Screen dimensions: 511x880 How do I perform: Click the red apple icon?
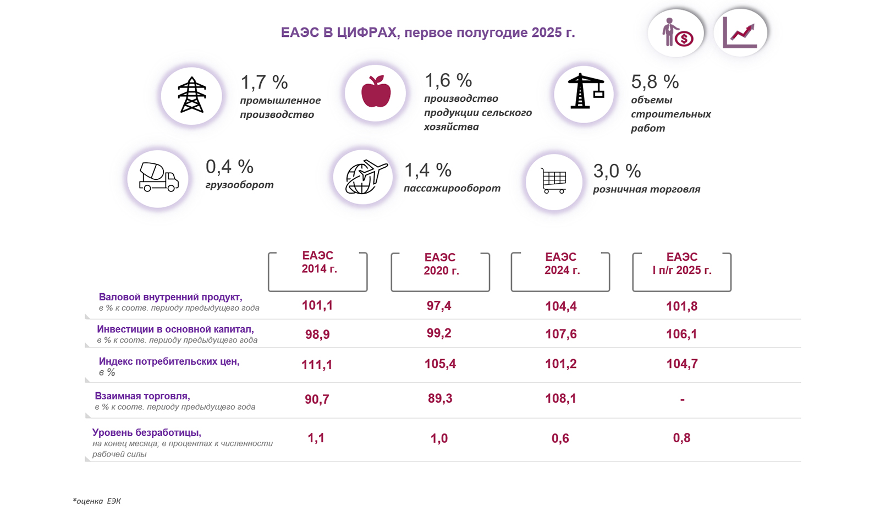click(x=376, y=92)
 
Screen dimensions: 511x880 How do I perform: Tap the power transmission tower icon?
click(x=191, y=95)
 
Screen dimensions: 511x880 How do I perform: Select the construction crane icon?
click(x=585, y=91)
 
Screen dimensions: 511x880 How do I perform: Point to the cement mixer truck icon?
click(x=158, y=178)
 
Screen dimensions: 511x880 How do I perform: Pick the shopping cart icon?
click(x=553, y=180)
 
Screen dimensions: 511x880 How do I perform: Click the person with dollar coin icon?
click(x=676, y=32)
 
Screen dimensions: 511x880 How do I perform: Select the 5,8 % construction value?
click(x=654, y=82)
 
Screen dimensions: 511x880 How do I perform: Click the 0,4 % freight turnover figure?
click(x=229, y=166)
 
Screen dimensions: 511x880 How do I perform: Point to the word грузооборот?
click(x=239, y=185)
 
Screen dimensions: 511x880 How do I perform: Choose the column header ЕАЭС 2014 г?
click(x=318, y=263)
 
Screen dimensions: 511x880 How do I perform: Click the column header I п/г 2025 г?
click(x=681, y=264)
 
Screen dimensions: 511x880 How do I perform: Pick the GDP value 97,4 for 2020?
click(x=439, y=306)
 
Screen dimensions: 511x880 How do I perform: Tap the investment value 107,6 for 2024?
click(x=560, y=334)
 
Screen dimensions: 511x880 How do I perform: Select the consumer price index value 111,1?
click(x=317, y=365)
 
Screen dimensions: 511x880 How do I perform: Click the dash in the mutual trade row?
click(x=682, y=399)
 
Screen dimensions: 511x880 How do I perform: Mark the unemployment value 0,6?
click(x=560, y=438)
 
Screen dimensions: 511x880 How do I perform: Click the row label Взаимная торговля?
click(x=142, y=396)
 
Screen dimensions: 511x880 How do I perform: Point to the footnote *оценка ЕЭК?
click(x=97, y=501)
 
